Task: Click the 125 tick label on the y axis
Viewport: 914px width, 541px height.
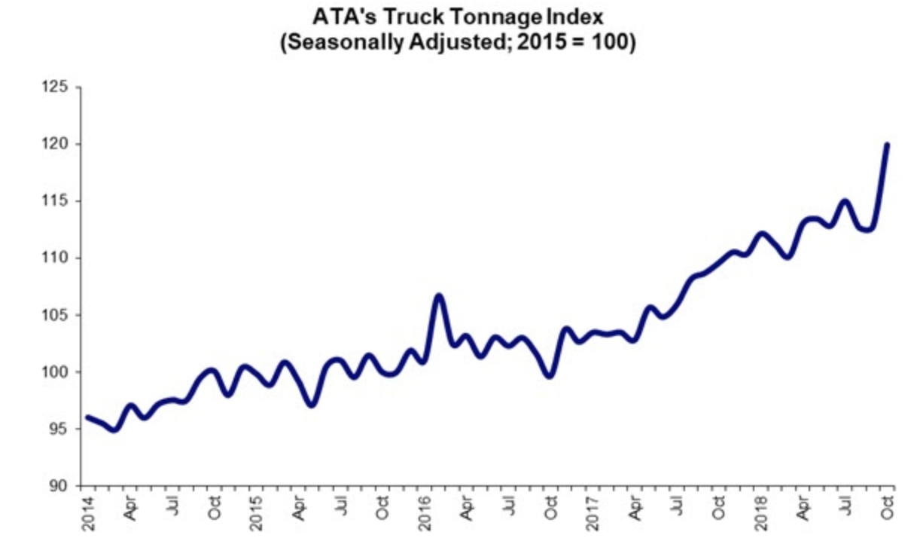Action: (x=59, y=87)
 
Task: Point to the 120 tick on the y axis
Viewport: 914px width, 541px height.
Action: (x=59, y=144)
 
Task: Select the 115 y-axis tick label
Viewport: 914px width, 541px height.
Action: (x=59, y=201)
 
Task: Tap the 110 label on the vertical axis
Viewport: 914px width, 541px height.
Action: (x=59, y=258)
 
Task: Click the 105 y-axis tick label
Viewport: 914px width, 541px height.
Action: (x=59, y=315)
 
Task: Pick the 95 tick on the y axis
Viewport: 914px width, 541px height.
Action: (x=62, y=429)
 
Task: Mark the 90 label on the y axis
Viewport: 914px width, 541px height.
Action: (x=62, y=486)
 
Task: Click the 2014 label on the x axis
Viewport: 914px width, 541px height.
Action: (x=87, y=512)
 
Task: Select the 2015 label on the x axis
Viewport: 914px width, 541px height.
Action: (x=256, y=512)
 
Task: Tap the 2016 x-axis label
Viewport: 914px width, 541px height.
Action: (x=425, y=512)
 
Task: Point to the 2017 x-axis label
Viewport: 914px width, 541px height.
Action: (x=594, y=512)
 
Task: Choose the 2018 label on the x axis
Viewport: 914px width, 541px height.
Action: (x=763, y=512)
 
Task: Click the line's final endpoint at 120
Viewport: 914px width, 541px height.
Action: (x=888, y=144)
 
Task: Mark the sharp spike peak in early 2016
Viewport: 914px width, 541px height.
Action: (x=440, y=295)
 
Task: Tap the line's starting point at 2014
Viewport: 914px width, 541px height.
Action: (x=87, y=417)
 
